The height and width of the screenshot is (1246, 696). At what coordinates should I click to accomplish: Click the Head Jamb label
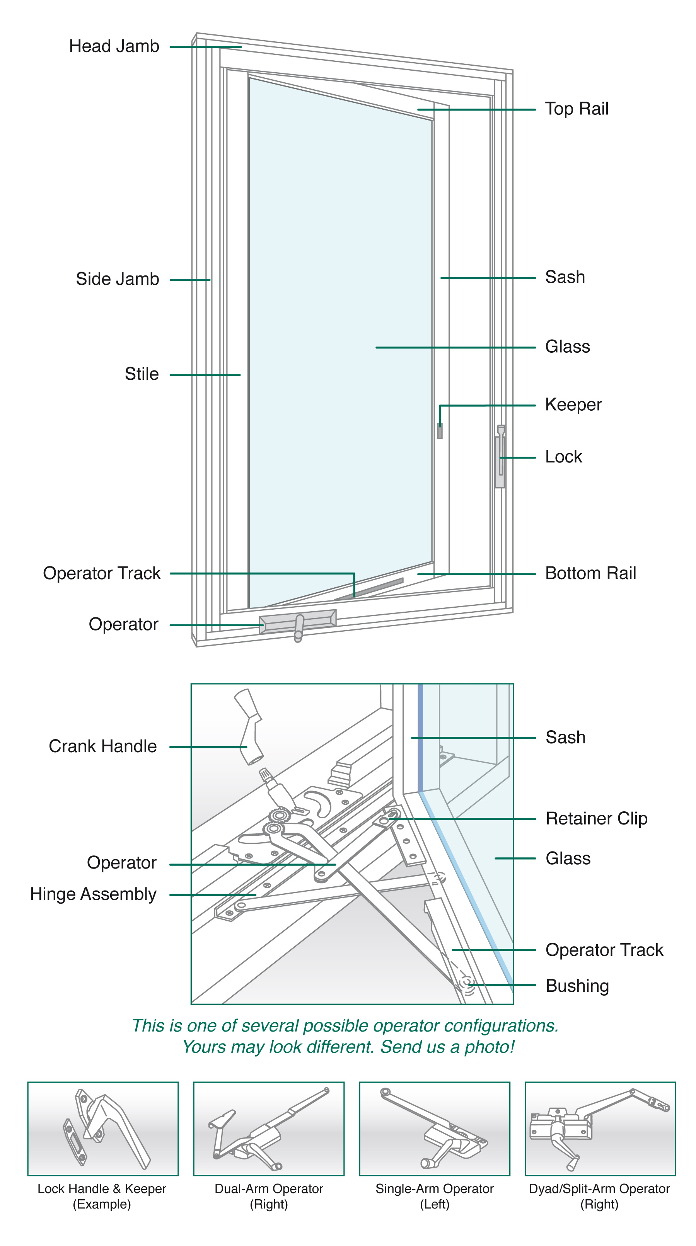coord(114,46)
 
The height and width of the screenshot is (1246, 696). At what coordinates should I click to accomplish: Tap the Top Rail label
coord(576,109)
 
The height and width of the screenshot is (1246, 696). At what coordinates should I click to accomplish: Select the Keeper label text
coord(573,405)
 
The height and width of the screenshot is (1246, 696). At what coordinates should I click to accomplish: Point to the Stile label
coord(142,374)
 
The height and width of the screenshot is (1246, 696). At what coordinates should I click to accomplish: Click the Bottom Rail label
coord(590,573)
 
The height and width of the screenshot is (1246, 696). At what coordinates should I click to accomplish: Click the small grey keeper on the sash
coord(440,430)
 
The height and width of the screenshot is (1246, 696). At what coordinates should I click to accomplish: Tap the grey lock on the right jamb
coord(500,459)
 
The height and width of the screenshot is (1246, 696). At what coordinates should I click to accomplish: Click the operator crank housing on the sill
coord(297,622)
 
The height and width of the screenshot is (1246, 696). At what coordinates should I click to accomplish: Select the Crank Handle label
coord(102,746)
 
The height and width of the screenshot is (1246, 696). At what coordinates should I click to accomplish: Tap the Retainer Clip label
coord(596,818)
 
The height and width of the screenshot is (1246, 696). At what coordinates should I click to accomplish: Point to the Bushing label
coord(577,986)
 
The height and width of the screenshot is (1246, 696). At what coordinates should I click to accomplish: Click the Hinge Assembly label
coord(93,894)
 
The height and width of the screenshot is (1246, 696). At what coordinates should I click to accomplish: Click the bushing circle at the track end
coord(467,983)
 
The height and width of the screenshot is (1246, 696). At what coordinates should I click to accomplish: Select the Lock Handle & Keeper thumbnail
coord(102,1129)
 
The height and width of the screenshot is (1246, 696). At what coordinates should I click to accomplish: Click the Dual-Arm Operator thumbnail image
coord(269,1129)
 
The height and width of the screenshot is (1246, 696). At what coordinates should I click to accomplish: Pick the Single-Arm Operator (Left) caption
coord(434,1196)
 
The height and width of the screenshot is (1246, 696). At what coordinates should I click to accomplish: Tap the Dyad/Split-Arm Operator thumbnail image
coord(600,1129)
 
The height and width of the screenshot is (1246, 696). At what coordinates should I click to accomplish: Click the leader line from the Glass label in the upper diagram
coord(455,347)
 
